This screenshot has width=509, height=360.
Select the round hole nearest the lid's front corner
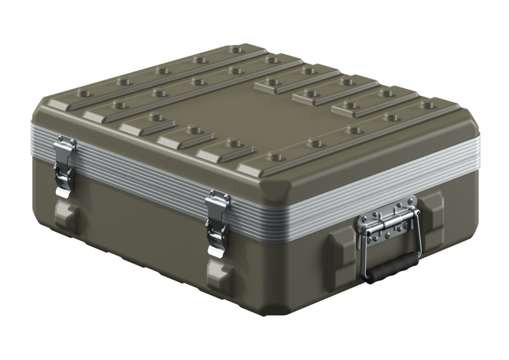[x=274, y=156]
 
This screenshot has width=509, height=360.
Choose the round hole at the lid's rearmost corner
[x=237, y=48]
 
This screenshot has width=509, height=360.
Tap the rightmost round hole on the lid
[x=429, y=104]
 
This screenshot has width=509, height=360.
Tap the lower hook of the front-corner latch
[x=216, y=245]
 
